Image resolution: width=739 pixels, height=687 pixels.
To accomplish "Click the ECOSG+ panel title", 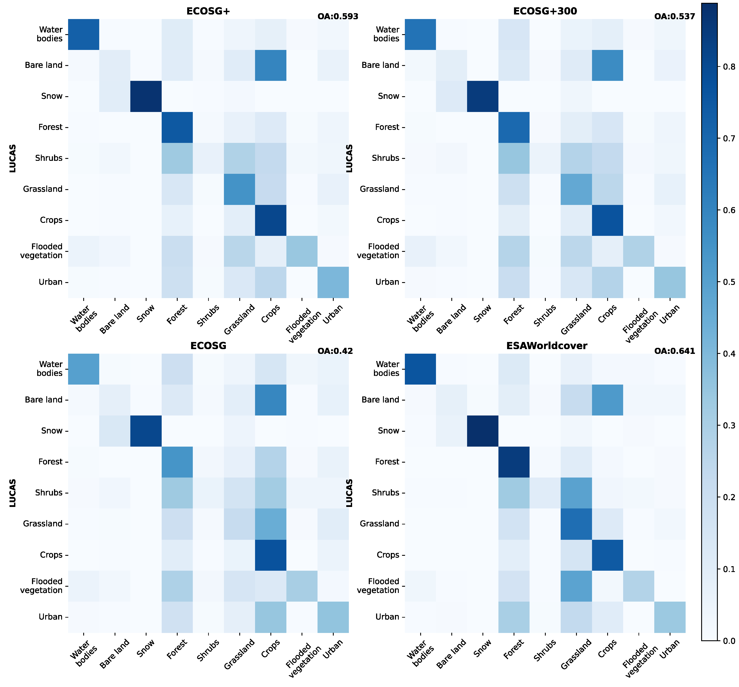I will [x=208, y=11].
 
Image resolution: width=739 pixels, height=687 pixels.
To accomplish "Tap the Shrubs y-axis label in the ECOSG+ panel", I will [x=49, y=158].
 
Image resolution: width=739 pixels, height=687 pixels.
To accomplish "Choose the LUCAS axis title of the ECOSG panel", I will [x=13, y=493].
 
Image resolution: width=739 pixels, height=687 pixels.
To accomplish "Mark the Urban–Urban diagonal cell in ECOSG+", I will [x=333, y=282].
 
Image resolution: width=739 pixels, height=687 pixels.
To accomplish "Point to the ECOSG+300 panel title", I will [x=545, y=11].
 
